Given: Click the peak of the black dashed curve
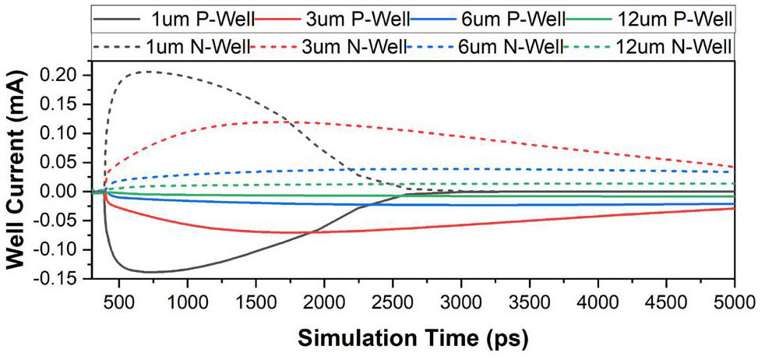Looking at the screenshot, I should pyautogui.click(x=147, y=72).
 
